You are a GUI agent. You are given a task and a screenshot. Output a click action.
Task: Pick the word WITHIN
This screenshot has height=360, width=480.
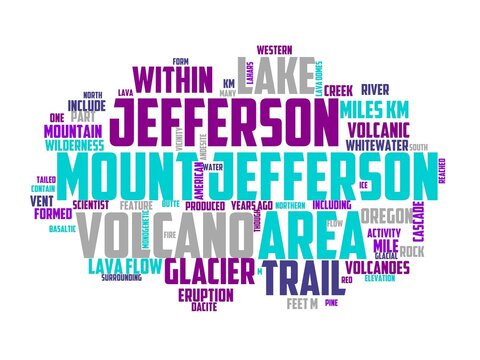(x=171, y=78)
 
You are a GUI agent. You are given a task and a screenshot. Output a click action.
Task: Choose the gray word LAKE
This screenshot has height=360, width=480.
(x=271, y=74)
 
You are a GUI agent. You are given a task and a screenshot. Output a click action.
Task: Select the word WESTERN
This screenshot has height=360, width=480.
(x=275, y=48)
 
